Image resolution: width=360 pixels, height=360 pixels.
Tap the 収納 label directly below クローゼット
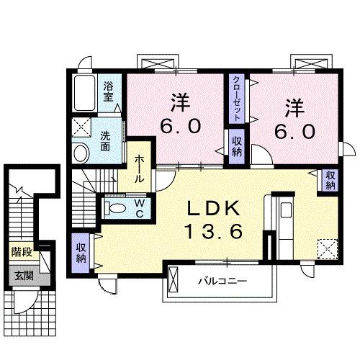pyautogui.click(x=237, y=146)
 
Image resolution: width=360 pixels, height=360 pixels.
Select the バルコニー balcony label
pyautogui.click(x=222, y=281)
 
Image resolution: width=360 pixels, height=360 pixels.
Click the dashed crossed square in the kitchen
pyautogui.click(x=328, y=248)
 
